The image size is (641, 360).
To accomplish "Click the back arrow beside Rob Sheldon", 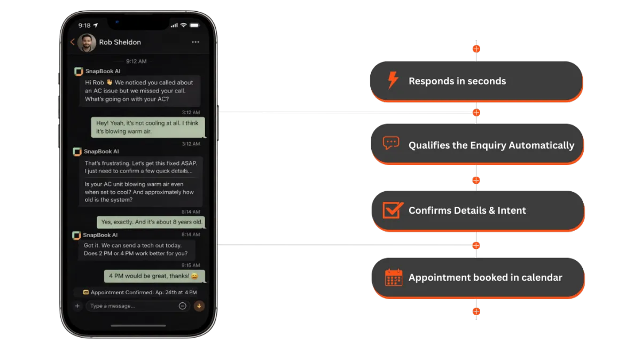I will (x=73, y=42).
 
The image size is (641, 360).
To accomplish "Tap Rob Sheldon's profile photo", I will (x=87, y=43).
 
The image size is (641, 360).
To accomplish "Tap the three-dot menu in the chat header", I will (x=195, y=42).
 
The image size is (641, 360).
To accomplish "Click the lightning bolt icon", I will (x=393, y=81).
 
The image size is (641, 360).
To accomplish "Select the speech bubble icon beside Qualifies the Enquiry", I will (x=391, y=144).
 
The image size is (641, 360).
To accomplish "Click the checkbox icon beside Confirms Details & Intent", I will (x=393, y=210).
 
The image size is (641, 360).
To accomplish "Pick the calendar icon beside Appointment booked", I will (x=394, y=277).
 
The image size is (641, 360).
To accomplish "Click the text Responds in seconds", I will (x=457, y=81).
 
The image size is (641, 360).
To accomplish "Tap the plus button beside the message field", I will (x=77, y=306).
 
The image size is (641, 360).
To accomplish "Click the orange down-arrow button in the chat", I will (x=199, y=306).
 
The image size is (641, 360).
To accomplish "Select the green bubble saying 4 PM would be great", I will (x=154, y=276).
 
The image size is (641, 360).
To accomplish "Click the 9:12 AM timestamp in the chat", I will (x=136, y=61).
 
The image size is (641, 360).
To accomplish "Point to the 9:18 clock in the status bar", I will (x=84, y=25).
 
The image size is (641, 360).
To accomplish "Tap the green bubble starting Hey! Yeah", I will (x=147, y=127).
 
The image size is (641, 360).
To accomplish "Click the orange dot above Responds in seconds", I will (x=476, y=49).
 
